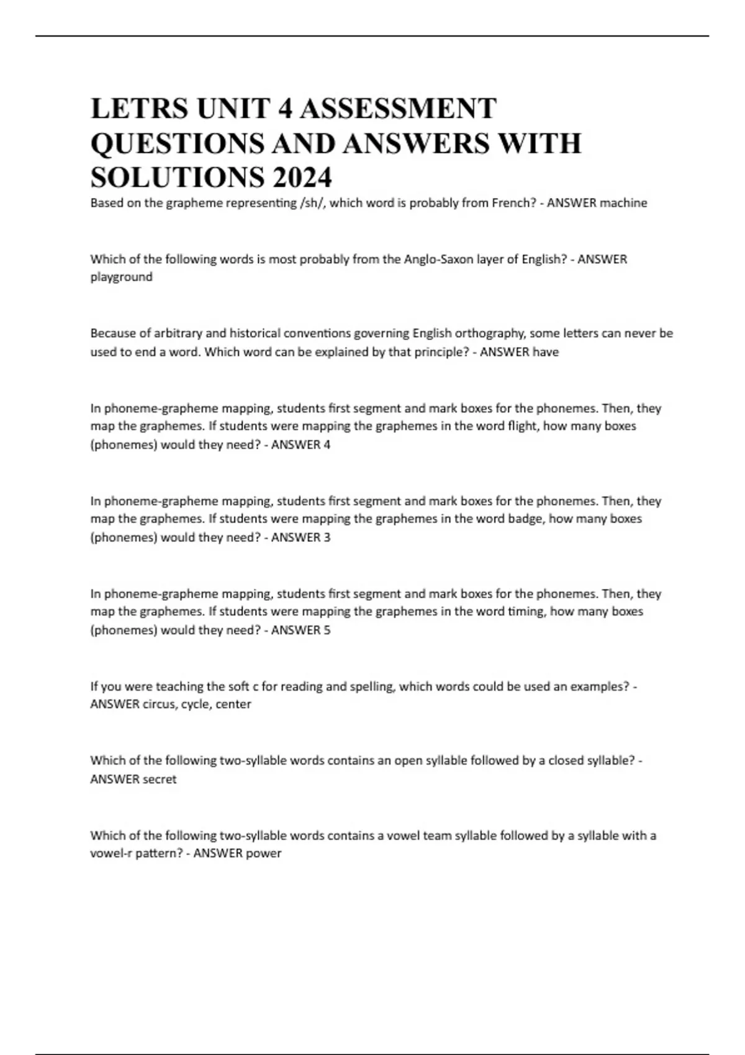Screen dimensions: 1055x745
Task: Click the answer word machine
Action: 622,203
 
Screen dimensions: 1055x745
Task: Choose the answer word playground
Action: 121,277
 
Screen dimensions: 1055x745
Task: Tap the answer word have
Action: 545,352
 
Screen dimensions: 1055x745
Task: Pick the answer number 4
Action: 327,444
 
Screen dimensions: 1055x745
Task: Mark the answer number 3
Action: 327,537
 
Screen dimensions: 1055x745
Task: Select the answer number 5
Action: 327,630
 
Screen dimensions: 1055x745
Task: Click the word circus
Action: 159,704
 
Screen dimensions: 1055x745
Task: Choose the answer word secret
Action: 160,779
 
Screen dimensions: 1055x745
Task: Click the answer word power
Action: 265,853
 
